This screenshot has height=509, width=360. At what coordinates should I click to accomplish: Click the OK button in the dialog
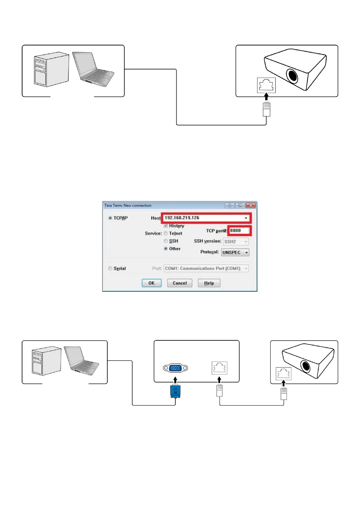(x=151, y=283)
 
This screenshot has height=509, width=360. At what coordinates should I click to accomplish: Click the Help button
(x=209, y=283)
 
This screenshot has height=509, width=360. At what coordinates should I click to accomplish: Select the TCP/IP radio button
(x=110, y=218)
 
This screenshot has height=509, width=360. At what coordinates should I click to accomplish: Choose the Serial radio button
(x=110, y=268)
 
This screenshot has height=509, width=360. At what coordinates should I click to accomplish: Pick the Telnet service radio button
(x=166, y=233)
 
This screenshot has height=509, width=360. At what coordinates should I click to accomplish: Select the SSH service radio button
(x=166, y=241)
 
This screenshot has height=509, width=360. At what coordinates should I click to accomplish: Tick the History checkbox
(x=166, y=226)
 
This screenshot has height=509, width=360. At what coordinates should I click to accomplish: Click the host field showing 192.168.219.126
(x=203, y=218)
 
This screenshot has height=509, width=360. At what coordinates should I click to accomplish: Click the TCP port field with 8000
(x=238, y=231)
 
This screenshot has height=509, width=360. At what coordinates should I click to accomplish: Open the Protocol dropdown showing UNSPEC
(x=235, y=252)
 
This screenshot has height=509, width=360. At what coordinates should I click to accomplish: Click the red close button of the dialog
(x=251, y=205)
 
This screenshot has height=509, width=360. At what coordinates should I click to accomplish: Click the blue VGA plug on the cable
(x=175, y=391)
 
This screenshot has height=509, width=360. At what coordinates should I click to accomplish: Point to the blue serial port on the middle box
(x=175, y=368)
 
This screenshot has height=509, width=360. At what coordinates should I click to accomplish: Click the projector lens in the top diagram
(x=292, y=76)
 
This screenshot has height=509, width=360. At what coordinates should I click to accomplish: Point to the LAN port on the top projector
(x=266, y=85)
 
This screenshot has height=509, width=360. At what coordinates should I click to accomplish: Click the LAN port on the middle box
(x=219, y=368)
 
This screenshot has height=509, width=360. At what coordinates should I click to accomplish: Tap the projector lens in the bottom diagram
(x=306, y=366)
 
